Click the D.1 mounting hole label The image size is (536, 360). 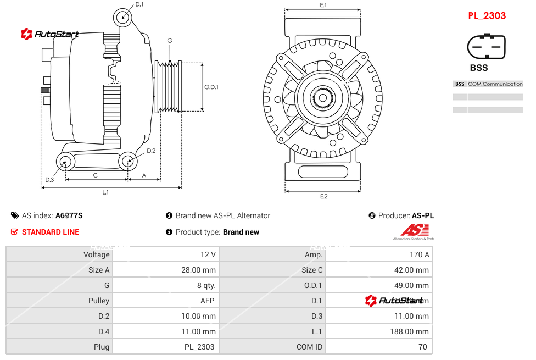click(x=139, y=4)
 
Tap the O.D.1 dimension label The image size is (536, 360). click(x=211, y=87)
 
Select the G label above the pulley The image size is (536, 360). click(x=170, y=41)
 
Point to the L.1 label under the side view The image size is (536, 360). click(x=105, y=192)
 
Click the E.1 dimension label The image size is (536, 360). click(x=323, y=5)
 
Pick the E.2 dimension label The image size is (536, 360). click(x=323, y=197)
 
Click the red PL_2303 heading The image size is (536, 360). click(x=487, y=16)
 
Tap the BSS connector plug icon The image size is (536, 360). click(x=486, y=47)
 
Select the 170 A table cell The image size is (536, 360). click(x=420, y=254)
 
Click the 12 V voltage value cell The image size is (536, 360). click(x=208, y=254)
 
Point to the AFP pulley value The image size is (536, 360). click(x=208, y=301)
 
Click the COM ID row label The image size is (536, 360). click(x=309, y=347)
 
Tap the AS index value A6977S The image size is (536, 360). click(x=69, y=215)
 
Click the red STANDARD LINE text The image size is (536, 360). click(x=51, y=232)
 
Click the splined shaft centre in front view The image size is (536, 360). click(x=323, y=99)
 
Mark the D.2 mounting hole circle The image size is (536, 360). click(x=128, y=161)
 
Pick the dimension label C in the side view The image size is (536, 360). click(x=96, y=175)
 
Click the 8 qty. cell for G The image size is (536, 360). click(x=206, y=285)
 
